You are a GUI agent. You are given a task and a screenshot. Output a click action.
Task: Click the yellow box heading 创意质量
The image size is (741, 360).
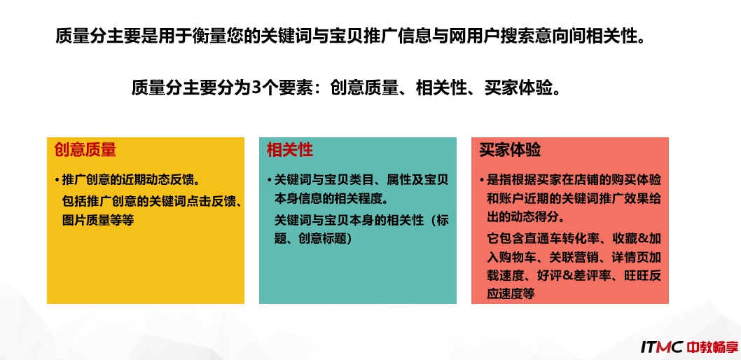pos(85,150)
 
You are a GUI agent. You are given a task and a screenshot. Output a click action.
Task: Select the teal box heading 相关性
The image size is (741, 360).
pos(290,150)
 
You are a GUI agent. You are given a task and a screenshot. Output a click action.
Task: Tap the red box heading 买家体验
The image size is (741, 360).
pos(510,150)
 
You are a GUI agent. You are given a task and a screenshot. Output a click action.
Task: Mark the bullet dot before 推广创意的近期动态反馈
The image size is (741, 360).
pos(57,181)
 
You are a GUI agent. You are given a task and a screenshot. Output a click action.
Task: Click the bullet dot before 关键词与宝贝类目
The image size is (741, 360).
pos(270,181)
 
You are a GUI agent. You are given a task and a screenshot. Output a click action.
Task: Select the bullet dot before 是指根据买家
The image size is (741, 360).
pos(482,181)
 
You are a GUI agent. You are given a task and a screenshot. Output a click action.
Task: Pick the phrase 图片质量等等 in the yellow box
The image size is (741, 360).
pos(98,221)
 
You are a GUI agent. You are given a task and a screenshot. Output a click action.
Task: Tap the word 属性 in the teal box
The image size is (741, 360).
pos(399,180)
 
